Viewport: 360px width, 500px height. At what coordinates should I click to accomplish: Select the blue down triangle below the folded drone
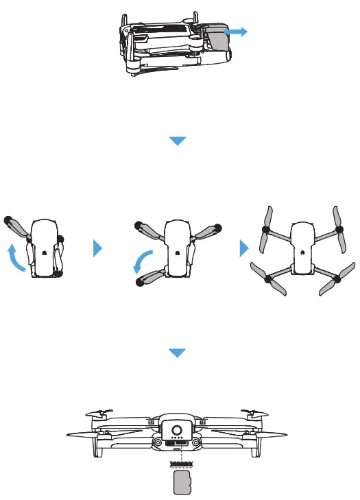tap(178, 141)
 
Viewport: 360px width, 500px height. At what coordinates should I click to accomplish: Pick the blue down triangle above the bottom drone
tap(178, 353)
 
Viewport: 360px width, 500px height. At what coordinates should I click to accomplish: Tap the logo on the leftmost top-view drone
tap(43, 252)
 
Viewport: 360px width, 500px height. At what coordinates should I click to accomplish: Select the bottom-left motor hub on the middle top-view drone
tap(139, 281)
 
